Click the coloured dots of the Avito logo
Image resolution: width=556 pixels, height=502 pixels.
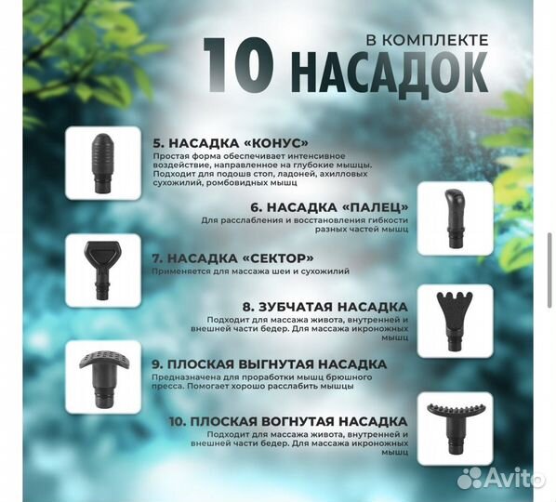pyautogui.click(x=472, y=477)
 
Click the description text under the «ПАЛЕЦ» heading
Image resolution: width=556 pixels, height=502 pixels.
pyautogui.click(x=304, y=226)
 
